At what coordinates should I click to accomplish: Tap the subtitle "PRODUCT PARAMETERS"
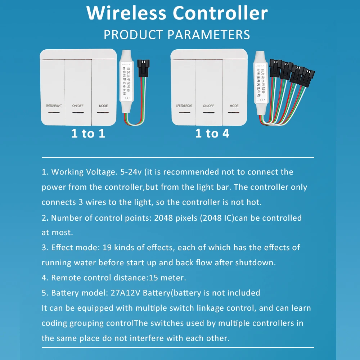177,35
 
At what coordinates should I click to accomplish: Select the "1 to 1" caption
88,134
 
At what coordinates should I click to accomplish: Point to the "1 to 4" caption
212,134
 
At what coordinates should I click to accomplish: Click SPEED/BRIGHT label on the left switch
54,106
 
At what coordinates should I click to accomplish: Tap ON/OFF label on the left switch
77,106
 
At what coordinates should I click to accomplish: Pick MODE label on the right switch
234,106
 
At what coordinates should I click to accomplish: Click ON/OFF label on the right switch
208,106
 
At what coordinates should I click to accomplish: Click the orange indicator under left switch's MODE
103,113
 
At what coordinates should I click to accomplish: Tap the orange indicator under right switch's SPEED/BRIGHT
184,113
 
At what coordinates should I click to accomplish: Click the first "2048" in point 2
167,217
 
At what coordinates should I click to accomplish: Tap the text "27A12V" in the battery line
128,293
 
